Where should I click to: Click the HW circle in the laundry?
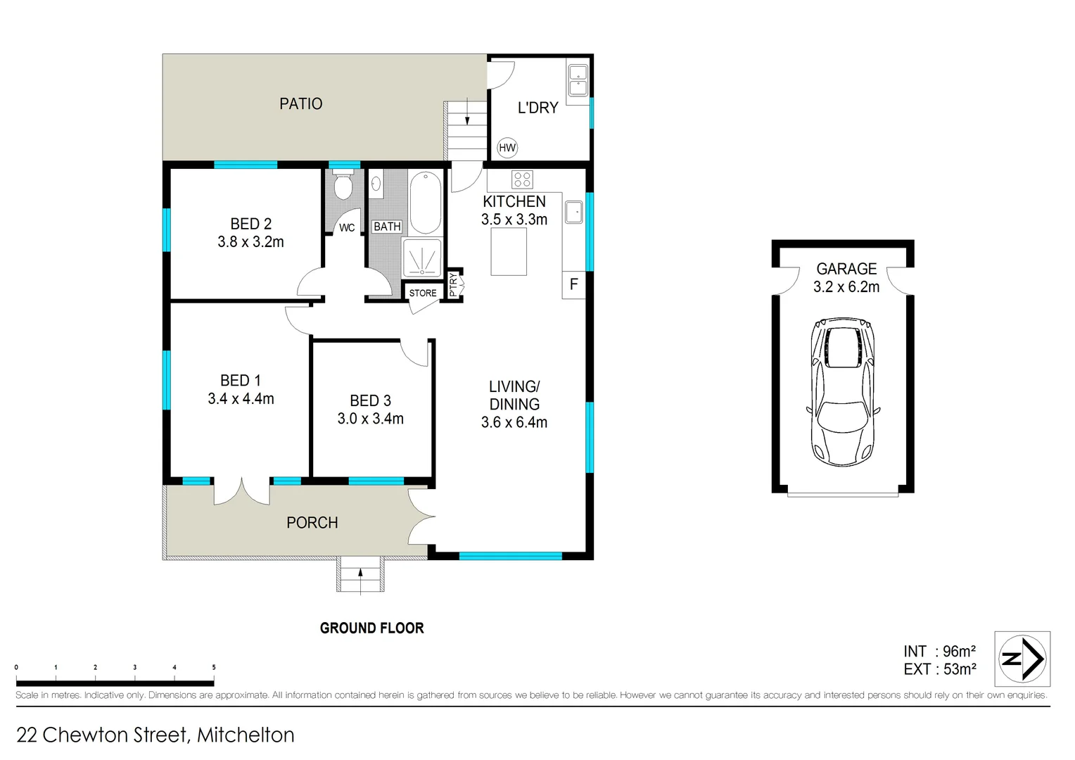[x=507, y=148]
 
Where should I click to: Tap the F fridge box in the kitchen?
[x=573, y=285]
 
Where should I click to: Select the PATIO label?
[x=300, y=104]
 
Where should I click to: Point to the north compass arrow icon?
[x=1022, y=659]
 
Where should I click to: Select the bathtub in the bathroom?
[x=425, y=203]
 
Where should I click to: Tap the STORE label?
[x=423, y=293]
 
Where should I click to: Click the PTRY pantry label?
[x=454, y=284]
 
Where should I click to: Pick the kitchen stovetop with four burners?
[x=522, y=179]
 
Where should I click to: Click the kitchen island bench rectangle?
[x=509, y=252]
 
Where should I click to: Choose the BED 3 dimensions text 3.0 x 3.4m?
[x=370, y=419]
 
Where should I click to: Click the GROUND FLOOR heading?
[x=371, y=628]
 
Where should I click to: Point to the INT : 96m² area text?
[x=939, y=652]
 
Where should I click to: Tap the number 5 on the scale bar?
[x=214, y=667]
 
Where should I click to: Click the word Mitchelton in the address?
[x=246, y=735]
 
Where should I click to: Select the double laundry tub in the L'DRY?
[x=578, y=80]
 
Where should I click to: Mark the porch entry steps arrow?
[x=360, y=575]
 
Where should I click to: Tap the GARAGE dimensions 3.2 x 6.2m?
[x=846, y=287]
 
